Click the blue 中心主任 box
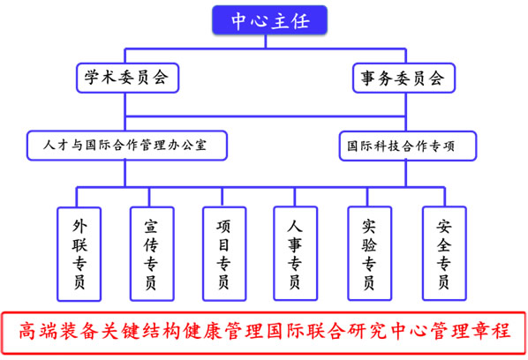point(269,19)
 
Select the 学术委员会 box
point(127,78)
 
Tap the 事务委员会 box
point(404,78)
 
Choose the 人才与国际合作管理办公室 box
point(127,146)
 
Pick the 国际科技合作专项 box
point(408,146)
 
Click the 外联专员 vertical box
point(79,254)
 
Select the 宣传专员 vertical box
point(152,254)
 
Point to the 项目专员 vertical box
point(224,254)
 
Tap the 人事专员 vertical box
point(295,253)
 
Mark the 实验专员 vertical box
point(369,253)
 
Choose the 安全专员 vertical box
point(444,253)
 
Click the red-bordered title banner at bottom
point(264,333)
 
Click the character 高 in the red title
point(27,331)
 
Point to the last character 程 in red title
point(501,331)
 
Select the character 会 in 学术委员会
point(161,78)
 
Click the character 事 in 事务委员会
point(370,78)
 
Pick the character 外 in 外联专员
point(79,227)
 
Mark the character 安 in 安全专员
point(444,227)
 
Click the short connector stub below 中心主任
point(266,41)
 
